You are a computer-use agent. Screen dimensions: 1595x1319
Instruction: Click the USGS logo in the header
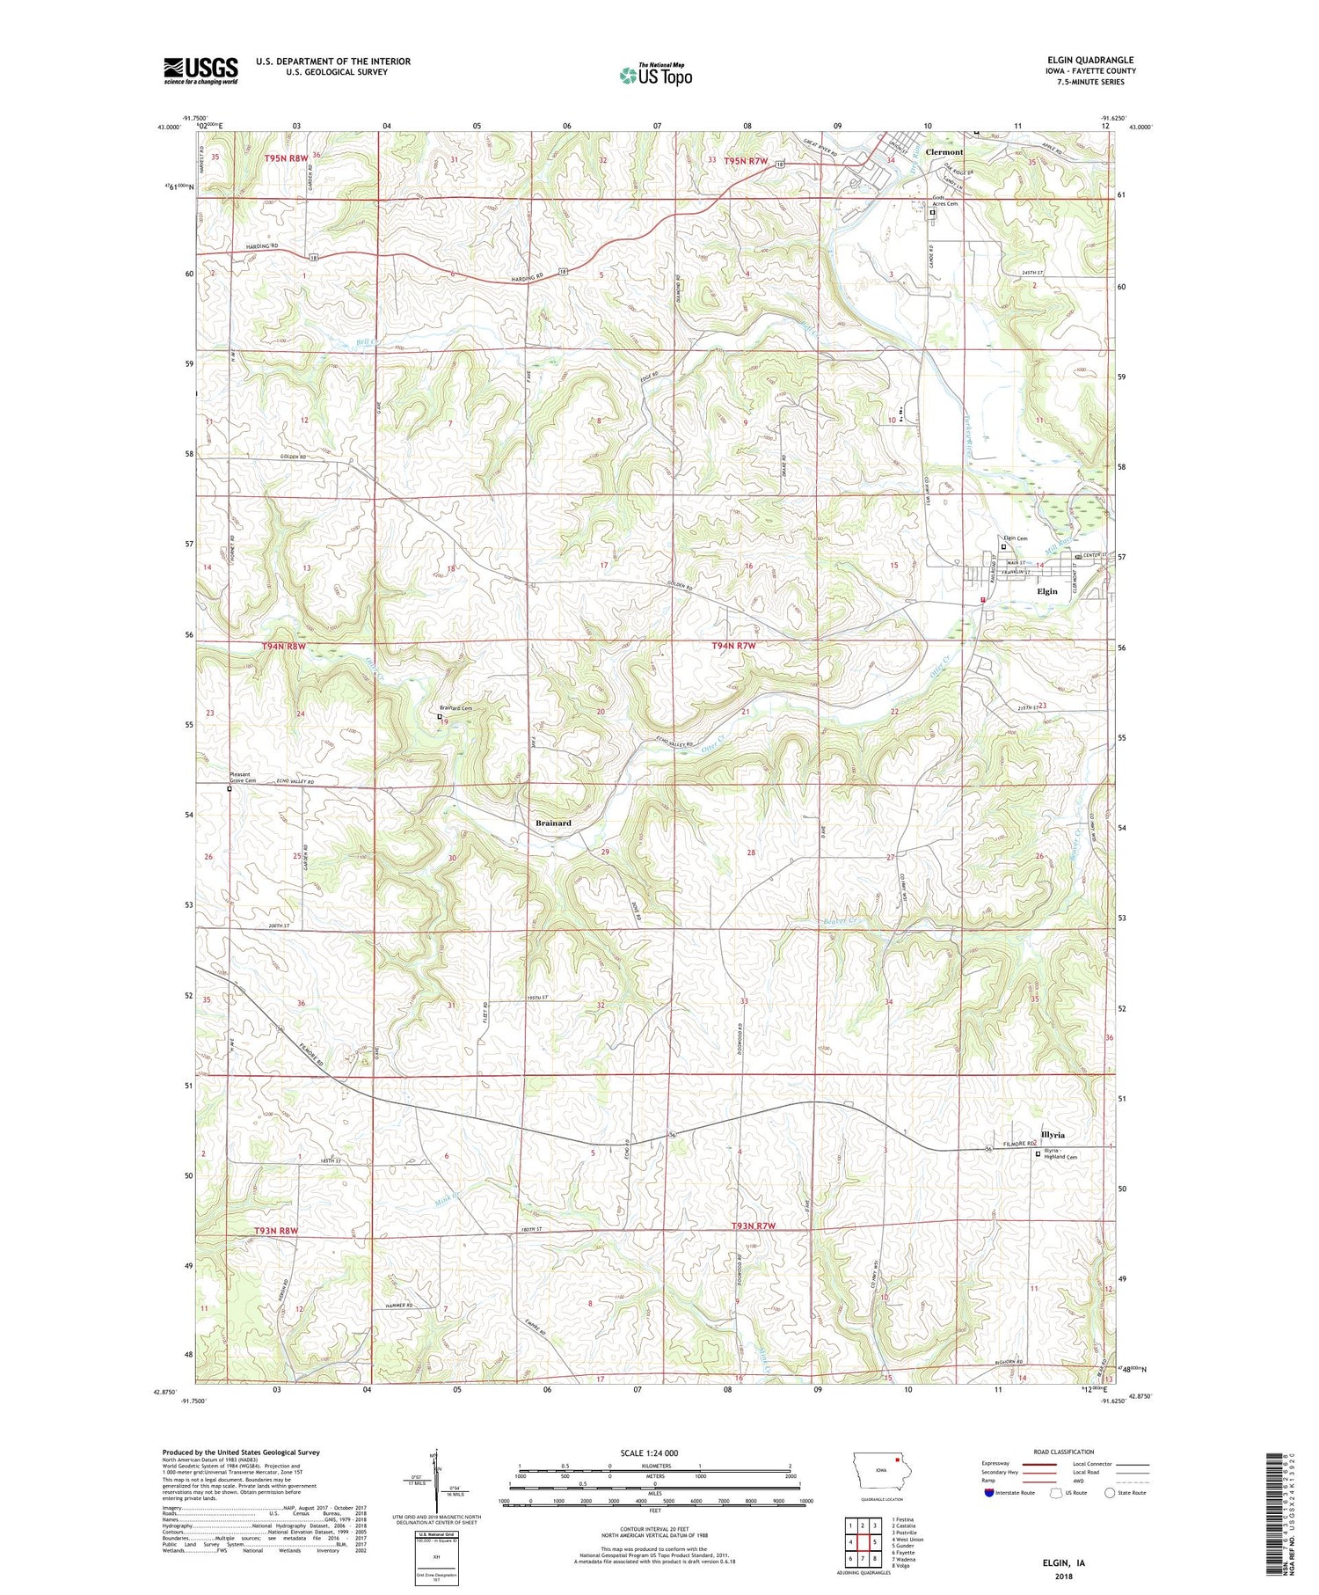(x=200, y=70)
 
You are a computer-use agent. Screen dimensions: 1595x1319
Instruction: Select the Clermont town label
(x=944, y=152)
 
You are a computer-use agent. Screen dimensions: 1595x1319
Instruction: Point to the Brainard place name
(x=553, y=823)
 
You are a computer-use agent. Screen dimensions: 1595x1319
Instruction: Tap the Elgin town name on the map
(x=1046, y=591)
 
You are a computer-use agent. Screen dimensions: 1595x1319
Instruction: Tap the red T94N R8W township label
(x=284, y=647)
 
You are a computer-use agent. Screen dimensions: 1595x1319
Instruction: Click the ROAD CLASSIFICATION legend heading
(x=1064, y=1452)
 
